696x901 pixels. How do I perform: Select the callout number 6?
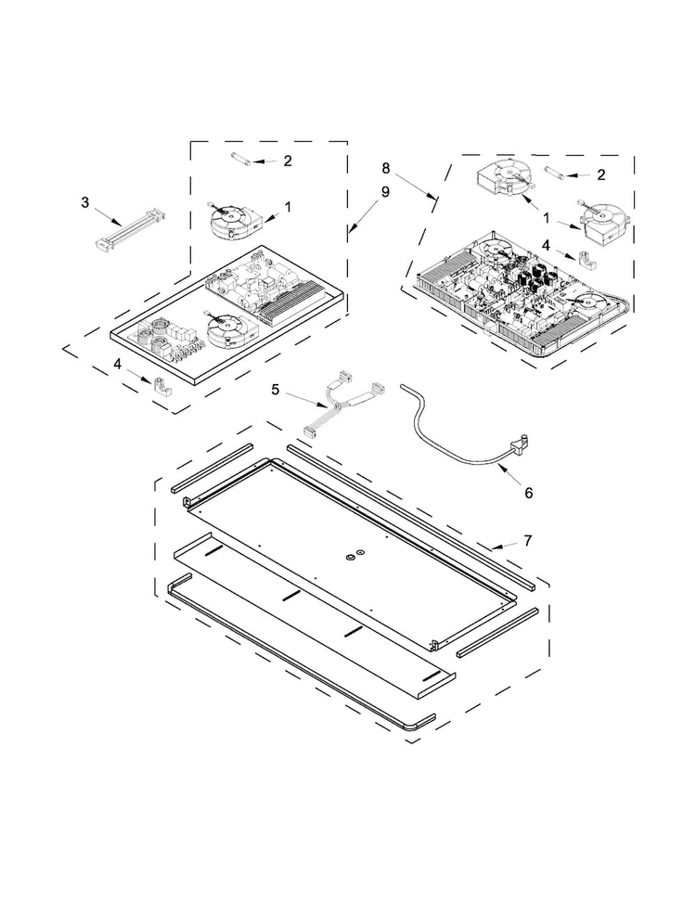click(x=528, y=493)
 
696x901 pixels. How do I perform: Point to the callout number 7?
click(x=527, y=540)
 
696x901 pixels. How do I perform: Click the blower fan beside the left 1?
click(x=232, y=221)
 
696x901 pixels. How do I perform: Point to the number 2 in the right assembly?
click(x=601, y=174)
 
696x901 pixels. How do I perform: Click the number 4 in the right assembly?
click(x=547, y=245)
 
